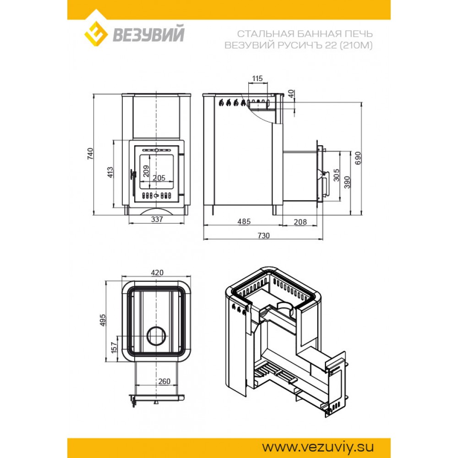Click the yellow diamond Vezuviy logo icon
[x=96, y=33]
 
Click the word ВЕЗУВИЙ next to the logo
[x=149, y=34]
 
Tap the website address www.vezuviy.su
[x=317, y=447]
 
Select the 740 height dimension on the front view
[x=90, y=153]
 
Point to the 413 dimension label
[x=110, y=172]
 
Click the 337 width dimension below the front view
[x=157, y=219]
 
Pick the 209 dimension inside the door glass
[x=146, y=171]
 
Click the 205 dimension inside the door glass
[x=159, y=178]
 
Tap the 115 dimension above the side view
[x=257, y=78]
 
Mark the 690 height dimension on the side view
[x=358, y=158]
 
